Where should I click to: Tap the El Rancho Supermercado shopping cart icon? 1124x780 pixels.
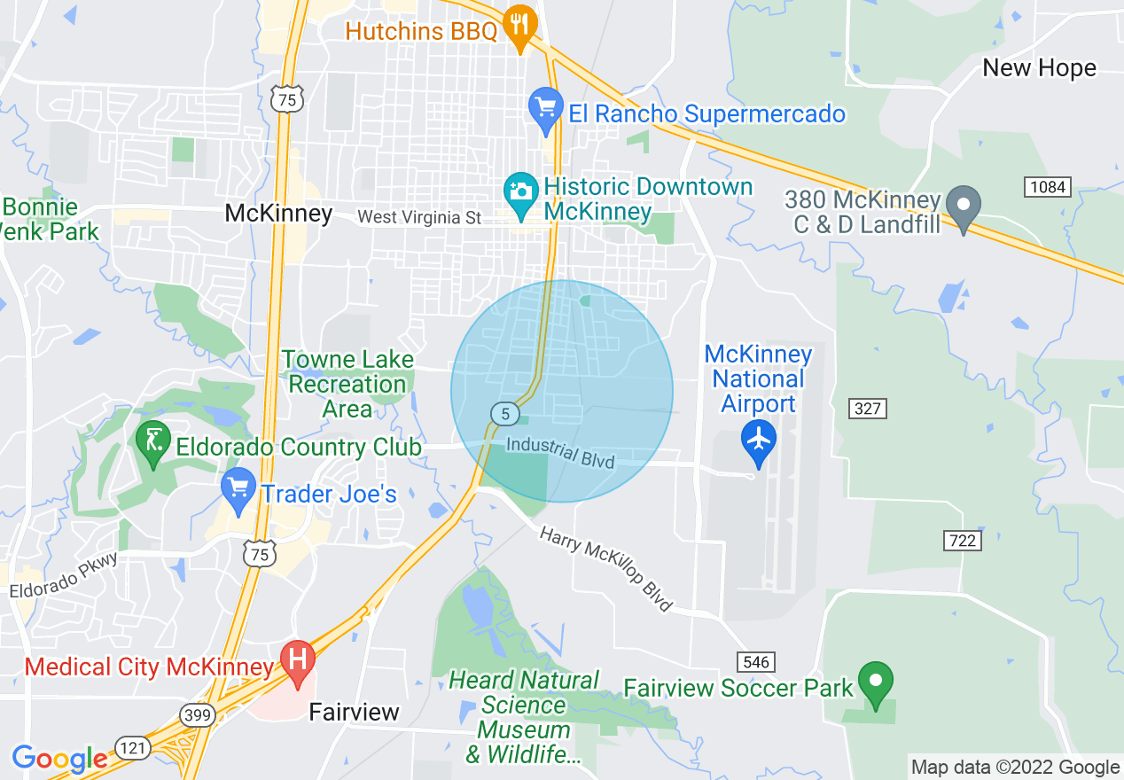[x=546, y=108]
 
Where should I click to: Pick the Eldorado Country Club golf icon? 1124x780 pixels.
[x=153, y=441]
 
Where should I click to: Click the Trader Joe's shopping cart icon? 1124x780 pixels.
[x=238, y=489]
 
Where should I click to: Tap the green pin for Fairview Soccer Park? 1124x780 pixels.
[x=877, y=682]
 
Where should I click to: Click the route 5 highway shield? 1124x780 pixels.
[x=504, y=413]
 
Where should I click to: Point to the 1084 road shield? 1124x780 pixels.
[x=1048, y=187]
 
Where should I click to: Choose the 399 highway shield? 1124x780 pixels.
[x=196, y=714]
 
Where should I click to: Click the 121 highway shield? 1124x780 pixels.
[x=132, y=749]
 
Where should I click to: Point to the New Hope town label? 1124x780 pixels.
[x=1039, y=68]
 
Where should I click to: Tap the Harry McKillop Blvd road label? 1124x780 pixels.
[x=606, y=569]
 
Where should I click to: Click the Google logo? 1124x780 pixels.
[x=59, y=759]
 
